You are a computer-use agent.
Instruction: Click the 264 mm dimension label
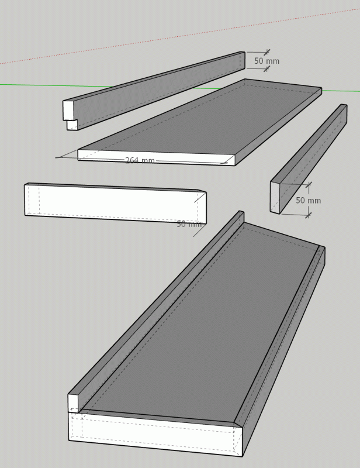[140, 160]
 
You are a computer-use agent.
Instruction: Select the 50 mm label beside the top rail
[266, 61]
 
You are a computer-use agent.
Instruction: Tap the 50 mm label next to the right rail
[309, 200]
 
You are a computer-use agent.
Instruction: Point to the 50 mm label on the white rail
[189, 224]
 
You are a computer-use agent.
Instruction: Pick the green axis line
[180, 88]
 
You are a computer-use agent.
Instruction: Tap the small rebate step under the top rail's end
[72, 125]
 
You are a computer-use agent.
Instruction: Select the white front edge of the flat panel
[156, 157]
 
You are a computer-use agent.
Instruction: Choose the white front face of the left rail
[115, 204]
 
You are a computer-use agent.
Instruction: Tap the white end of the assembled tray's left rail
[74, 404]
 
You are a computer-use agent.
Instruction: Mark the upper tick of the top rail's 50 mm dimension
[267, 52]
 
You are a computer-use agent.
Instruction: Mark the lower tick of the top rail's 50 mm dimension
[266, 69]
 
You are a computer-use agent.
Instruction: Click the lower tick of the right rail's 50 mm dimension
[309, 215]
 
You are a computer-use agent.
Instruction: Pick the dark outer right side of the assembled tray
[283, 352]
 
